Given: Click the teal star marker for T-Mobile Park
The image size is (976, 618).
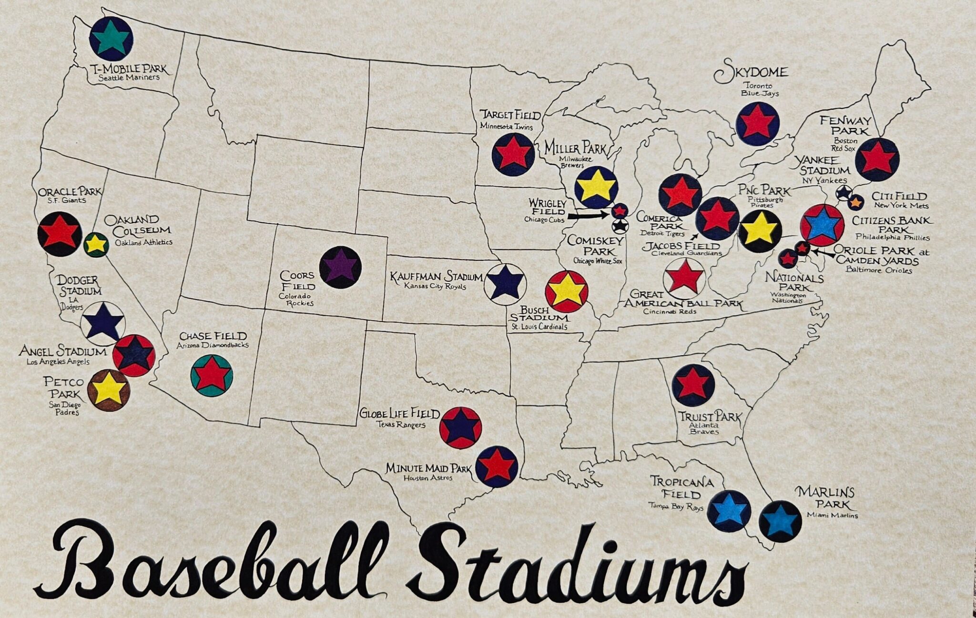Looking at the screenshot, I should click(x=111, y=39).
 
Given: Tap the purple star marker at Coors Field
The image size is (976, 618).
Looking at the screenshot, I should click(x=340, y=267).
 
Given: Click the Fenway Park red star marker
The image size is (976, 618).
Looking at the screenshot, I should click(x=877, y=159).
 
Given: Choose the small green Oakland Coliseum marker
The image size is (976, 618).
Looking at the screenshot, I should click(x=96, y=245).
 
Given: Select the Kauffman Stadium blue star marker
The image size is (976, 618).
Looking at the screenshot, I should click(x=505, y=284).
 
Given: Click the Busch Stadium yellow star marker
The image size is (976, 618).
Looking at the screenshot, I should click(x=566, y=291).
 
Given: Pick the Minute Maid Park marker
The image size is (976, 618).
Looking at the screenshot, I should click(x=497, y=466).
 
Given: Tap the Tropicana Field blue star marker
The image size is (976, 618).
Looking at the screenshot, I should click(x=729, y=510).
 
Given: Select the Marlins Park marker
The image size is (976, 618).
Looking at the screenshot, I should click(x=780, y=521).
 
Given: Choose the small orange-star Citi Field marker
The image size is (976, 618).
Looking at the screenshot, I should click(x=856, y=203).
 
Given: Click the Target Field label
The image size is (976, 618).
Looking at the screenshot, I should click(x=510, y=115).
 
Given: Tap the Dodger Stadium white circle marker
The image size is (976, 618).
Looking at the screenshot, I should click(x=103, y=324).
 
